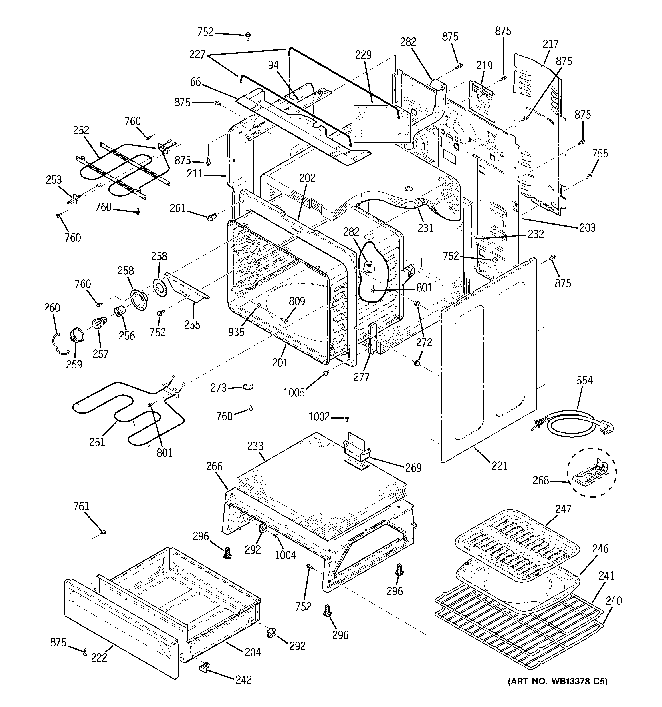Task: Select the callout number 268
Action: tap(540, 480)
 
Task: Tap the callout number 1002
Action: tap(319, 416)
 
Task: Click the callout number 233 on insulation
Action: tap(255, 446)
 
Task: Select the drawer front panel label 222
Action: tap(99, 658)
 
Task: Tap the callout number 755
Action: tap(600, 154)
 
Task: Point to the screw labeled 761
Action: tap(104, 532)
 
